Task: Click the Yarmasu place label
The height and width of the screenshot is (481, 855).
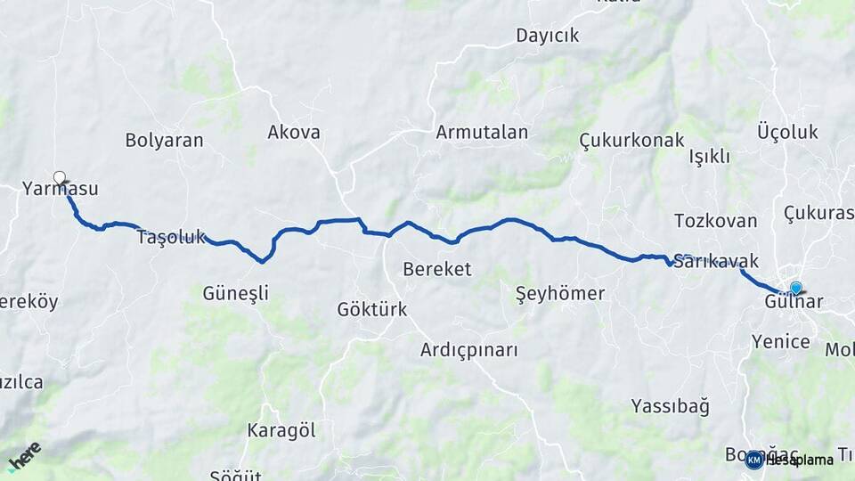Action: click(x=60, y=189)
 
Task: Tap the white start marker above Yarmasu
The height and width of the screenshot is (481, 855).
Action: click(x=60, y=177)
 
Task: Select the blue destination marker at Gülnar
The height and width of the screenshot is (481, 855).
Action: click(x=795, y=288)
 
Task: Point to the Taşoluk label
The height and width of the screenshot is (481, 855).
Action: click(x=171, y=238)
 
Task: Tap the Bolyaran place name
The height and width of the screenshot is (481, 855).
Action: click(x=164, y=140)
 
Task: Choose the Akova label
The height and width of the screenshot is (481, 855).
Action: click(x=294, y=133)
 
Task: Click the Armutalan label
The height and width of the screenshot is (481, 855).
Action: click(x=482, y=133)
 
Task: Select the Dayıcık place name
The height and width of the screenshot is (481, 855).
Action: click(x=547, y=36)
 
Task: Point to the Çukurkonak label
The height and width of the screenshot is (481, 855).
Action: click(x=631, y=141)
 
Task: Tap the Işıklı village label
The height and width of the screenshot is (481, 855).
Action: click(x=710, y=157)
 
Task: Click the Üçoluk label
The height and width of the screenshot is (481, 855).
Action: click(x=787, y=133)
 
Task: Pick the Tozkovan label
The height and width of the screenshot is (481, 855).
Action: click(x=715, y=221)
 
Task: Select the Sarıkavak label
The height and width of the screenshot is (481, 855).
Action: click(x=716, y=262)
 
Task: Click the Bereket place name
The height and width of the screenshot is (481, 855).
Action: click(x=436, y=269)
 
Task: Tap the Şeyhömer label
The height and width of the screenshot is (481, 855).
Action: click(x=560, y=293)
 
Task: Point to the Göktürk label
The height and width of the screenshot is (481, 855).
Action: click(x=371, y=310)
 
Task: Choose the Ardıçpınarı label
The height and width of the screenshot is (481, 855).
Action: click(x=468, y=350)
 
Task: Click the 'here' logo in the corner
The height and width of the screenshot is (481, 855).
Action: click(x=24, y=455)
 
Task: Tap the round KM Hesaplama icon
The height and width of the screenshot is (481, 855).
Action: click(x=754, y=460)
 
